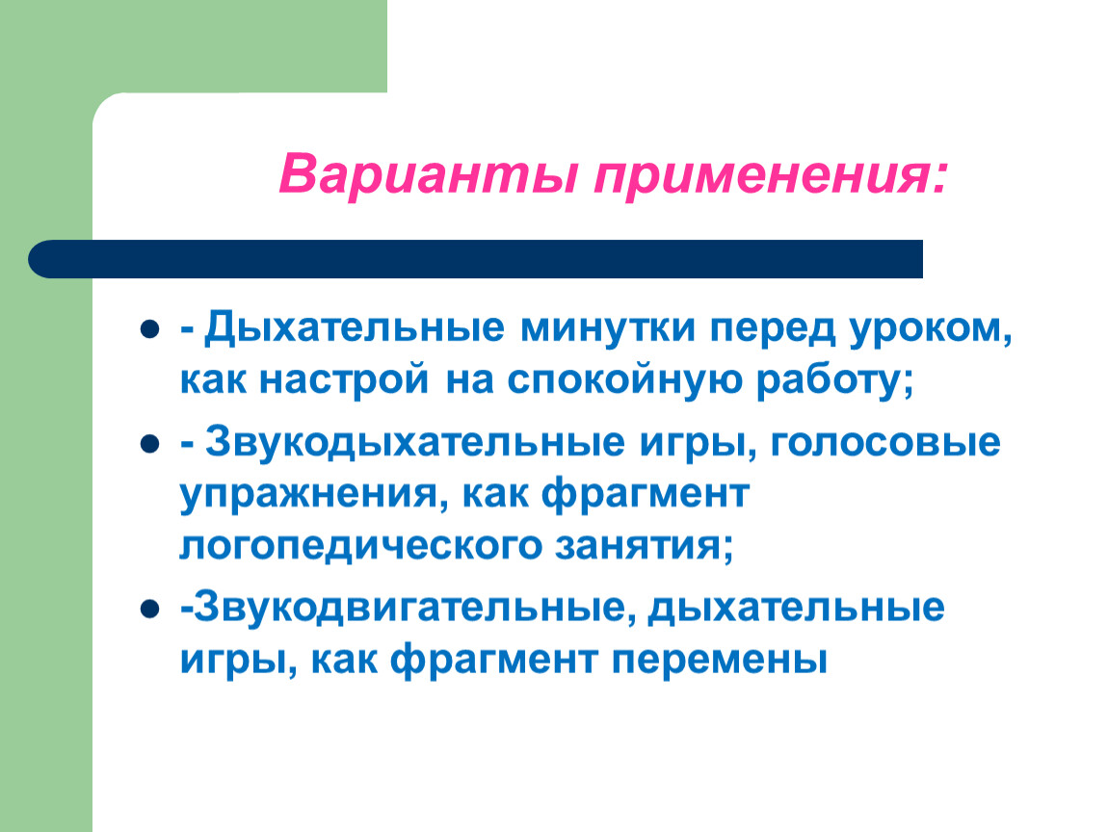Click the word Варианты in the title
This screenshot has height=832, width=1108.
(x=428, y=173)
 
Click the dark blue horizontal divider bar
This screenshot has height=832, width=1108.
(x=476, y=259)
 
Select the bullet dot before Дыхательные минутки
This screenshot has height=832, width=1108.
(x=149, y=329)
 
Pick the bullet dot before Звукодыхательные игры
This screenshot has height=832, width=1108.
(x=149, y=444)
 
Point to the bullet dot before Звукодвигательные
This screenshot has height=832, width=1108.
(x=149, y=609)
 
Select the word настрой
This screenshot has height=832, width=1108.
(x=344, y=380)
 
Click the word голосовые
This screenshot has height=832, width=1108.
(x=884, y=443)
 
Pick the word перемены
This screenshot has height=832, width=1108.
(x=720, y=662)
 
